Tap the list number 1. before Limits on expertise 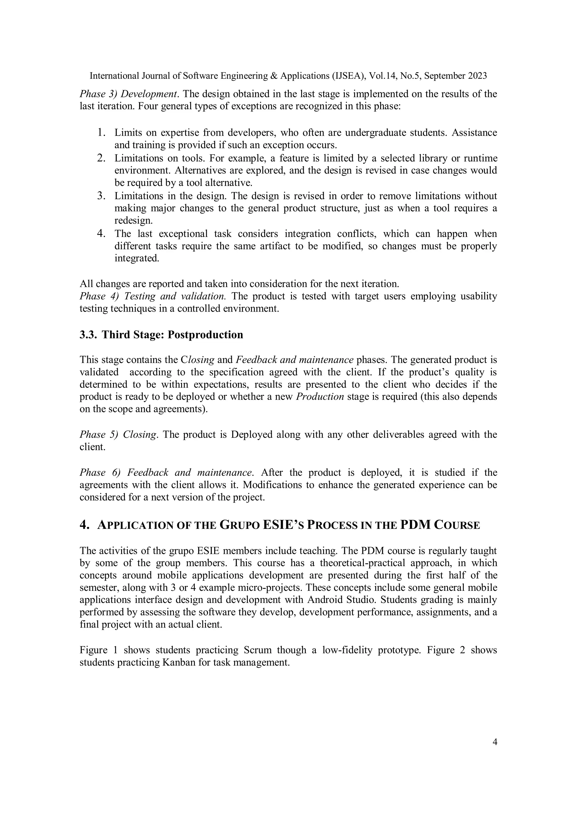click(102, 133)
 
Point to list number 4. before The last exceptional click(102, 234)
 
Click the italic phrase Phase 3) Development click(129, 94)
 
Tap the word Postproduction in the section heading click(205, 335)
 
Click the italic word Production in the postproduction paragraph click(319, 397)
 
